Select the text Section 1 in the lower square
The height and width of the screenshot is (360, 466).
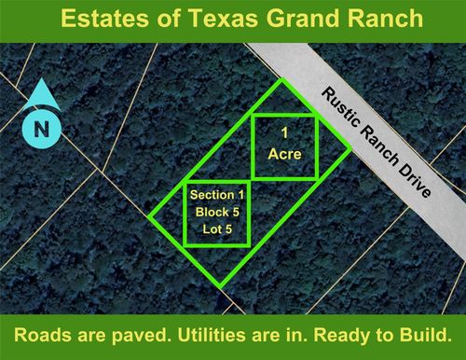point(216,195)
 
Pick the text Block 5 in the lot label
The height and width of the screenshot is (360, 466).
point(216,212)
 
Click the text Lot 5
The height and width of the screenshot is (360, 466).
point(216,228)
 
